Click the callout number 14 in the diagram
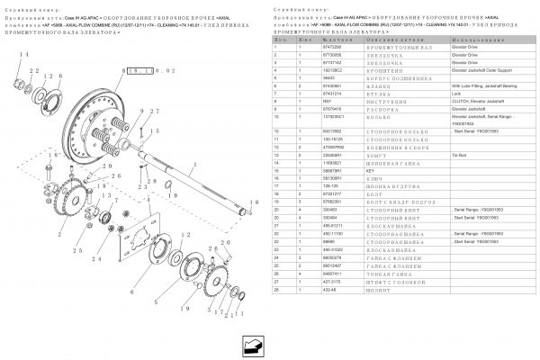coord(24,56)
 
